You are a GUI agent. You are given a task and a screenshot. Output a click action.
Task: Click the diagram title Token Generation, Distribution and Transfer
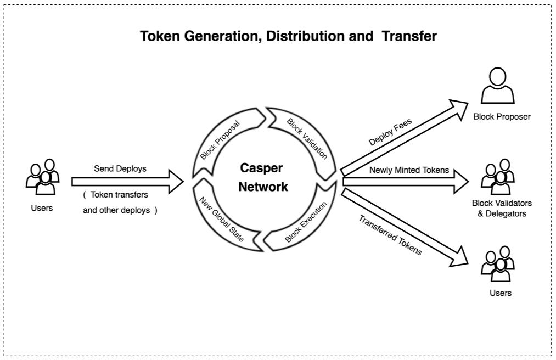288,36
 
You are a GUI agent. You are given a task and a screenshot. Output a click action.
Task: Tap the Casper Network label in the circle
263,177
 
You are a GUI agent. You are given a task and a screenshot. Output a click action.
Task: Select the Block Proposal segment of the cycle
220,140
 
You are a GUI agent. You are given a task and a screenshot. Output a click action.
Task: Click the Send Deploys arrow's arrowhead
175,182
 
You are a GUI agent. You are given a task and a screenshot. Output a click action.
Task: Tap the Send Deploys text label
120,168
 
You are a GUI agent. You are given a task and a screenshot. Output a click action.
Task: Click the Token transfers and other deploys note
120,202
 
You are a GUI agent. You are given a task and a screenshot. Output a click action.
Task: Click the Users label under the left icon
42,207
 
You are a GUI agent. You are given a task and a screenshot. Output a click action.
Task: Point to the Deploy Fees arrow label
390,132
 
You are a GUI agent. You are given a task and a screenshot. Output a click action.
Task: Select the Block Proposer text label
502,116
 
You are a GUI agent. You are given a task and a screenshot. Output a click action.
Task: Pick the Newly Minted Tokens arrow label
409,170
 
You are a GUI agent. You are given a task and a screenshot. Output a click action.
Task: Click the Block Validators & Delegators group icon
498,177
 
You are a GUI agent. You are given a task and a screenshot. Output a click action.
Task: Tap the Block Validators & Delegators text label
502,208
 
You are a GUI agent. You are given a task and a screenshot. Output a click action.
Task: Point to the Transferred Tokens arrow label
390,235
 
